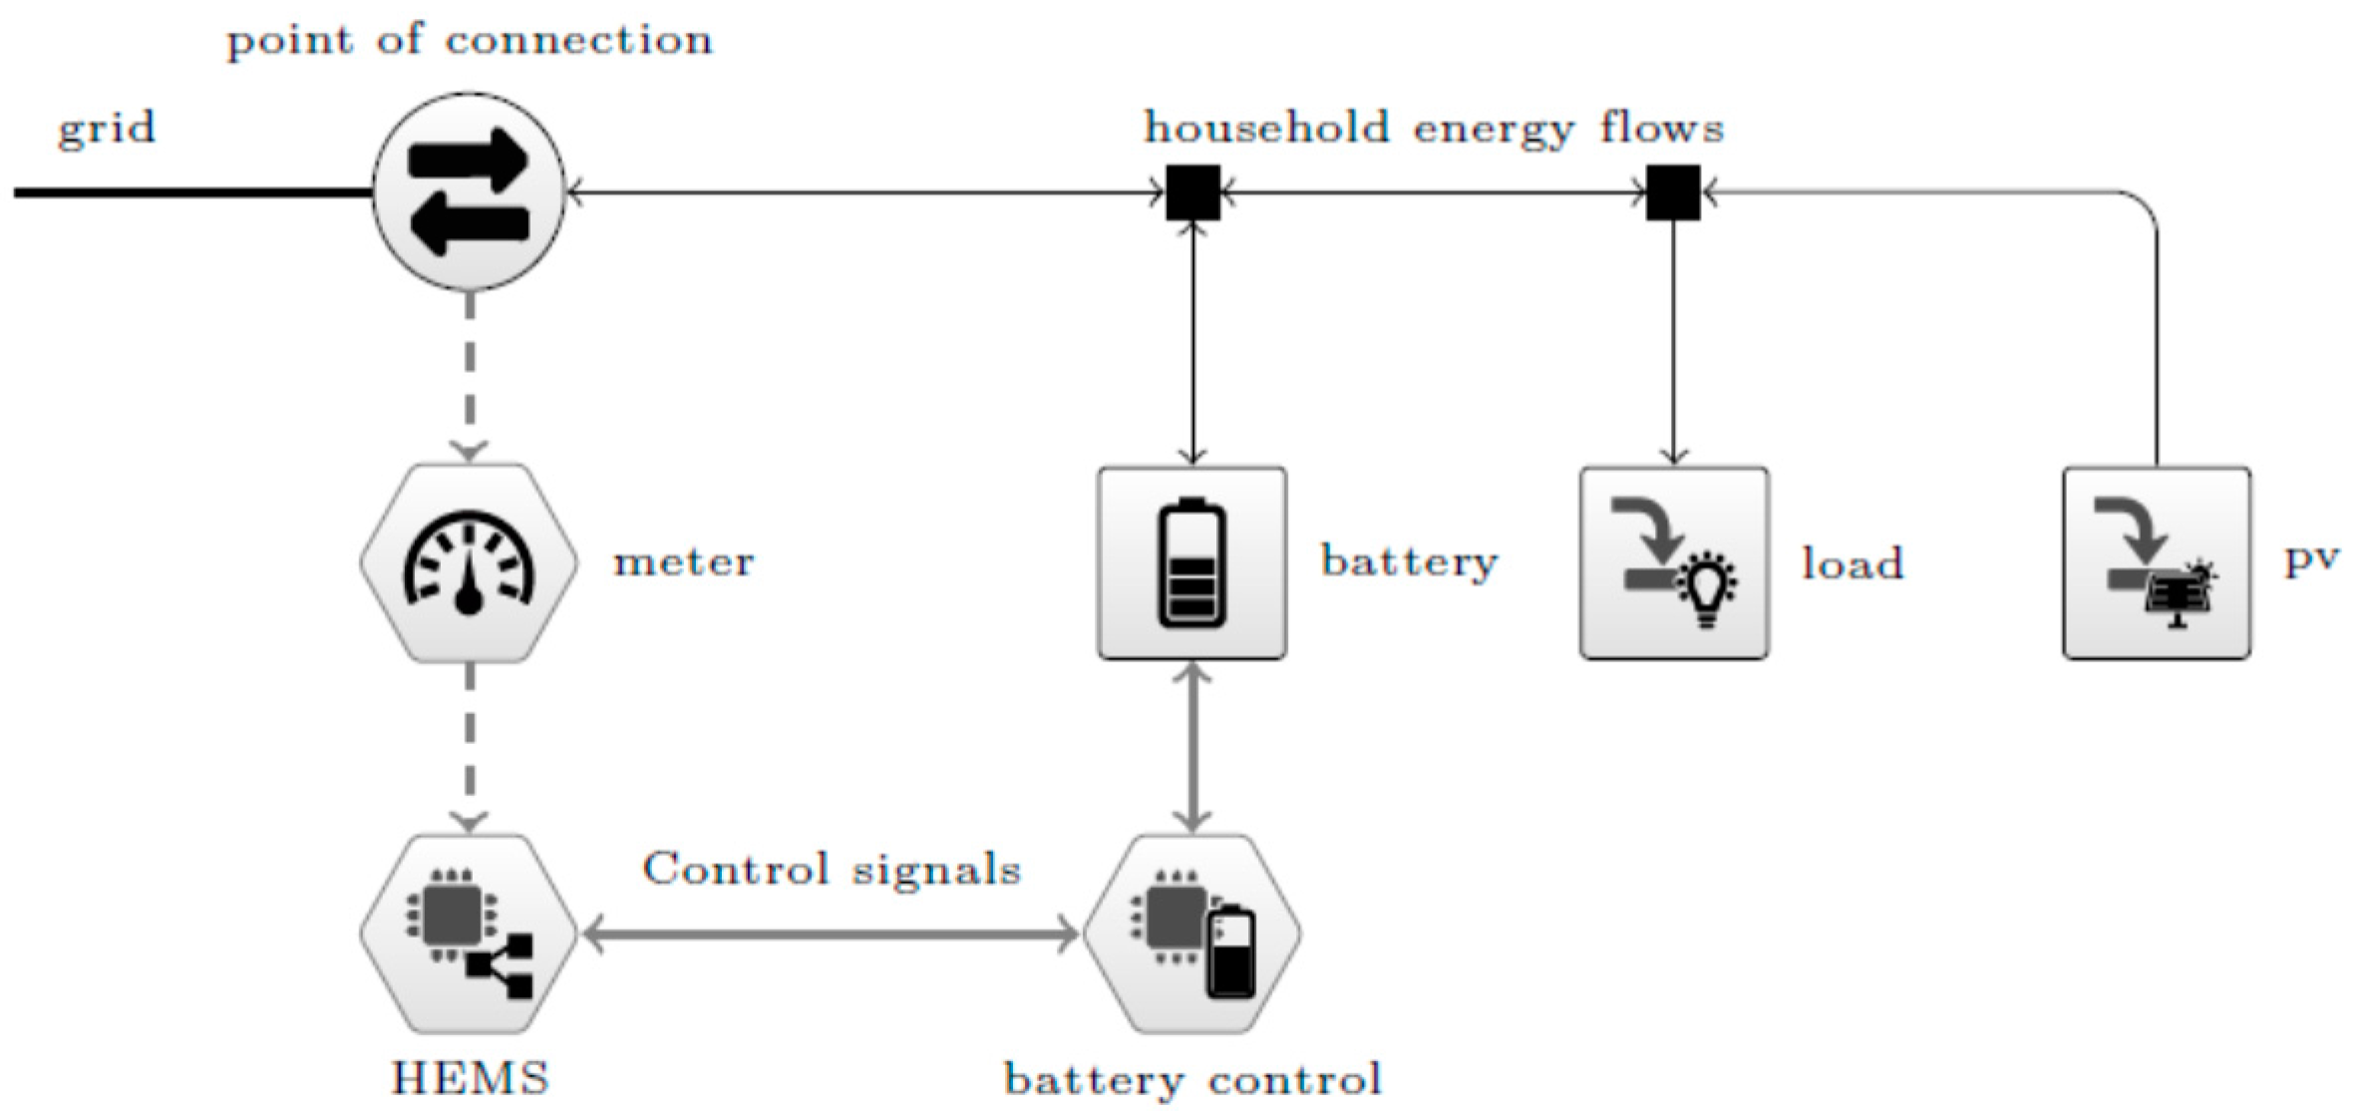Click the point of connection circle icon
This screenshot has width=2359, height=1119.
point(469,190)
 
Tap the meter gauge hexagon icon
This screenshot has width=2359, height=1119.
point(469,562)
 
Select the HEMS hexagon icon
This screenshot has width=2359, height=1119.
point(469,933)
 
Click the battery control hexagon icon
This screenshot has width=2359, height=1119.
point(1191,933)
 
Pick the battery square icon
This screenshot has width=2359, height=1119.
point(1191,562)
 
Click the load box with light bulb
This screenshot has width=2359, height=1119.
point(1674,562)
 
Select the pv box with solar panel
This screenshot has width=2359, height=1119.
point(2157,562)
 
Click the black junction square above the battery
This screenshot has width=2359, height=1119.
point(1192,191)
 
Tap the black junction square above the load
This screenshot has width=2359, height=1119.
point(1673,191)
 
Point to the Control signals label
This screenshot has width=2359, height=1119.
point(832,870)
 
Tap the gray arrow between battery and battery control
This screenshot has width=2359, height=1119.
point(1192,748)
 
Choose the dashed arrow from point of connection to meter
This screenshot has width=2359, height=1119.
point(470,374)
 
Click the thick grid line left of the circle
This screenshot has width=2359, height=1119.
point(189,191)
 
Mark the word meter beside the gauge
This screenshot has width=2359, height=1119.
point(684,562)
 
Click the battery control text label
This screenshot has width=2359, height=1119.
point(1192,1079)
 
